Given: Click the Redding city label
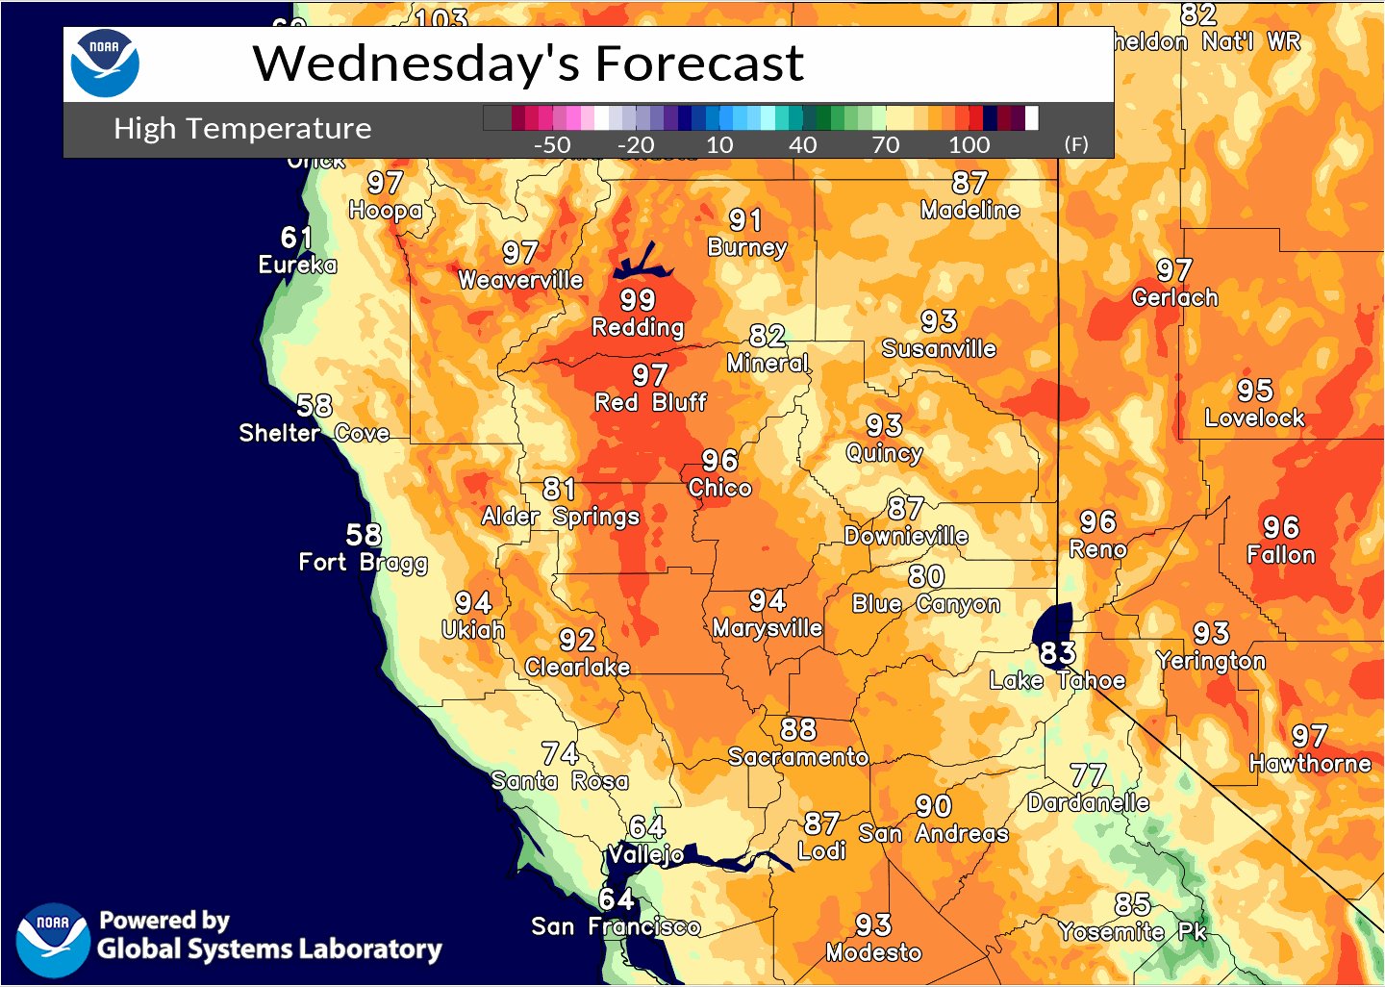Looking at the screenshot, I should pos(637,327).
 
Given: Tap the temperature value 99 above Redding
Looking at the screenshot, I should pos(637,300).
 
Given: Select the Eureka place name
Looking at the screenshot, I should pos(297,265).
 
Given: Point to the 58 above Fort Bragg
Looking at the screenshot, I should pos(364,535).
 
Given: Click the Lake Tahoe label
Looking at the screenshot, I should pos(1057,680).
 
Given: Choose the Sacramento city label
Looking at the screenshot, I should pos(797,757).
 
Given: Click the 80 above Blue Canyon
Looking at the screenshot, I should pos(926,576).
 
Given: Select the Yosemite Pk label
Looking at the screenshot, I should pos(1132,931).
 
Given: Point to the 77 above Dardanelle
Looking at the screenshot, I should pos(1088,775).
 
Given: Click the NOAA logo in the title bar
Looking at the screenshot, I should pos(105,63).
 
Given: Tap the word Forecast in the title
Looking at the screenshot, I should pos(699,63).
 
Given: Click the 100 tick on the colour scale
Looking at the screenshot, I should pos(969,145).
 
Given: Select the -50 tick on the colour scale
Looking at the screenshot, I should pos(551,145).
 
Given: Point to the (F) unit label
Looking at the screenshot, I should pos(1076,144).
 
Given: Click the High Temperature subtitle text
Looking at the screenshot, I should pos(242,129).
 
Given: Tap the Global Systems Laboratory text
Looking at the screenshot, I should pos(269,949).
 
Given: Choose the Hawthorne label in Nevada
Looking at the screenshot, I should pos(1309,764).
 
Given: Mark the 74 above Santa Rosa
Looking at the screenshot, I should pos(560,753).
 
